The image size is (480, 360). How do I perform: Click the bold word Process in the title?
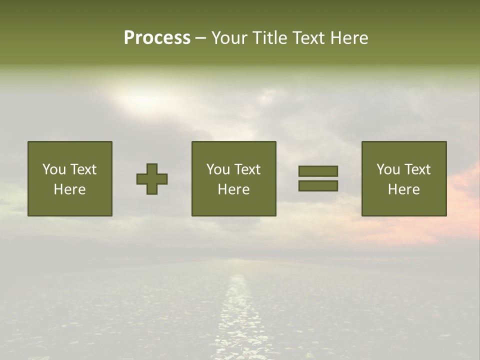[157, 38]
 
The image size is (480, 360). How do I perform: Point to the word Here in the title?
[348, 38]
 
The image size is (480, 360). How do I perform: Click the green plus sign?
[152, 179]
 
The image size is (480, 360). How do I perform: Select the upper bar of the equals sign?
[318, 171]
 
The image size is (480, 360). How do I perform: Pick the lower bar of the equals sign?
[318, 186]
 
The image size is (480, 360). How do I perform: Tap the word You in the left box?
[53, 169]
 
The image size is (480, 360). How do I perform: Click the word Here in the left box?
[69, 189]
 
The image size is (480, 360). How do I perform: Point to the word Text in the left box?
[83, 169]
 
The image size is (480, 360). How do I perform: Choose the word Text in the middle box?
[247, 169]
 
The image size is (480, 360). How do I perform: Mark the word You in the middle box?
[217, 169]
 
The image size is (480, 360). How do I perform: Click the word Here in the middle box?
[233, 189]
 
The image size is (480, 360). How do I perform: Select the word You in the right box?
[387, 169]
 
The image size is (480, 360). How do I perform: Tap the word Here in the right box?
[403, 189]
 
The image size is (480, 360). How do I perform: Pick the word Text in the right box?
[417, 169]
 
